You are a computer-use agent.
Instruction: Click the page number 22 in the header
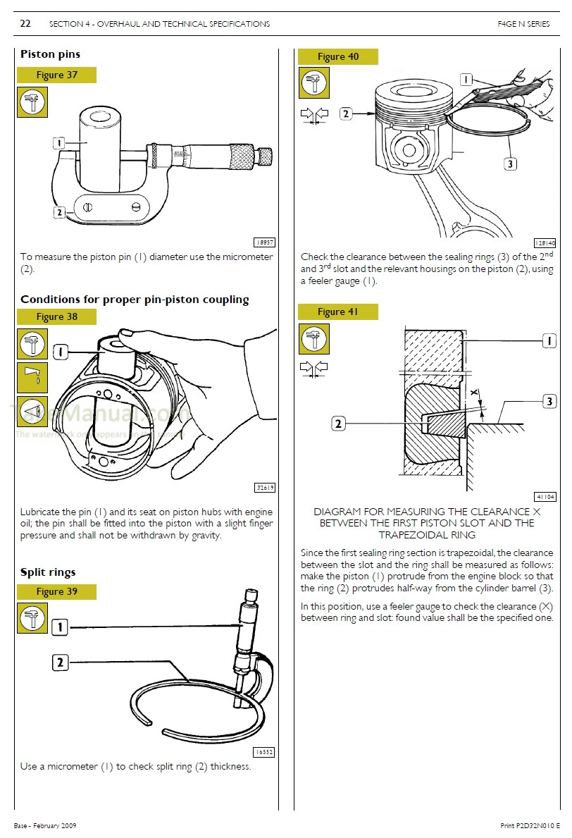tap(25, 23)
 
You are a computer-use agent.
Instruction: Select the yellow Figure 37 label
tap(56, 75)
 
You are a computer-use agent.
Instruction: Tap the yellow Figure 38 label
tap(56, 316)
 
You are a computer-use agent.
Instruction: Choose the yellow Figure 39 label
tap(56, 591)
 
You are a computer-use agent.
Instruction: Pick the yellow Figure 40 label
tap(337, 56)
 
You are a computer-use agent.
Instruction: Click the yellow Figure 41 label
tap(337, 312)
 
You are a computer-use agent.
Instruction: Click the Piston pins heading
tap(50, 54)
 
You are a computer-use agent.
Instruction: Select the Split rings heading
tap(48, 572)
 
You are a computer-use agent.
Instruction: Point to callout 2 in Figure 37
tap(60, 211)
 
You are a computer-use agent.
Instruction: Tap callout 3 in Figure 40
tap(511, 164)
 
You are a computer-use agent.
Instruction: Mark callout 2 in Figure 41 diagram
tap(339, 424)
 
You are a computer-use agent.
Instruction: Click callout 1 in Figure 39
tap(61, 627)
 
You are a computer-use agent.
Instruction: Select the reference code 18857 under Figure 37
tap(264, 242)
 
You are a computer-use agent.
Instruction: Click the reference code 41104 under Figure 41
tap(545, 496)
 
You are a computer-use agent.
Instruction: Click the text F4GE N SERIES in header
tap(523, 24)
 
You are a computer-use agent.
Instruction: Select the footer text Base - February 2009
tap(44, 825)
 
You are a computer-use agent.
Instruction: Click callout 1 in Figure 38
tap(61, 350)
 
